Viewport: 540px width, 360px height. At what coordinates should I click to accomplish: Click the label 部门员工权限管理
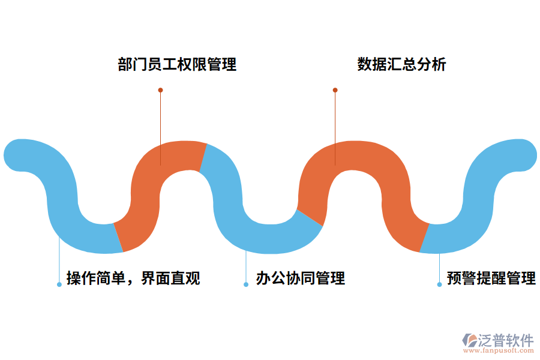[177, 64]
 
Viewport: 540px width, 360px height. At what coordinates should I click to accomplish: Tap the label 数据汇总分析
[401, 64]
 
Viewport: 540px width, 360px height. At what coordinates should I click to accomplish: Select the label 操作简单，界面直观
[133, 278]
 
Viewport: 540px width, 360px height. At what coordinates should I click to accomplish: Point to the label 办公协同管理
[300, 278]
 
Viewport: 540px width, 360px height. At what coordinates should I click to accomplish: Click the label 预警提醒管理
[491, 278]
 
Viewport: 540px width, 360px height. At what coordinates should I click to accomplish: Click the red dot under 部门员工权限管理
[160, 90]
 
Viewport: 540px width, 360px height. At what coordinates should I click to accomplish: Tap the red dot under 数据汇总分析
[335, 90]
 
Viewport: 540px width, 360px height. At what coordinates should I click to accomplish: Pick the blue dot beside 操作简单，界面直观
[59, 284]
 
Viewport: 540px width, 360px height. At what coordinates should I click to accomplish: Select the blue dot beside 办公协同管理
[246, 284]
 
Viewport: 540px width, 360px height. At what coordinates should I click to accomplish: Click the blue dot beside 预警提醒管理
[439, 284]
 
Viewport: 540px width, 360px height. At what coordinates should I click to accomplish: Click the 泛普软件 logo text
[505, 340]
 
